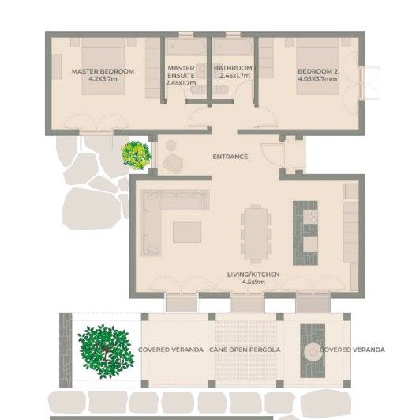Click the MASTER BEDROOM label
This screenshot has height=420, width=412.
[103, 71]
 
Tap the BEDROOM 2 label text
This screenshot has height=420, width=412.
[317, 71]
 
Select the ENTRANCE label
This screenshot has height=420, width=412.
[230, 157]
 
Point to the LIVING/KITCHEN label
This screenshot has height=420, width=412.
[253, 274]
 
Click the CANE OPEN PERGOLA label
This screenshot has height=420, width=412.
[245, 350]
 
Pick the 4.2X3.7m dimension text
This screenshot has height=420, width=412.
[103, 79]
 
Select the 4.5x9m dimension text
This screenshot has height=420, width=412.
[253, 282]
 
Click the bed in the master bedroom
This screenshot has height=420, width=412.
[103, 66]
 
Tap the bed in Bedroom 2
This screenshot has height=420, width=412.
[318, 66]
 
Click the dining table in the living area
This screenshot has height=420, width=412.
[256, 234]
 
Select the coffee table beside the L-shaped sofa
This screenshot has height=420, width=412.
[187, 233]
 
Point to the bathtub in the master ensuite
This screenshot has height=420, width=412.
[185, 47]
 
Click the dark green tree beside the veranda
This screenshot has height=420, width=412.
[106, 351]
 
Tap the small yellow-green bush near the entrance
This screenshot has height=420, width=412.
[136, 156]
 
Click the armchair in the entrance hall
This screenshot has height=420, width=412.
[174, 163]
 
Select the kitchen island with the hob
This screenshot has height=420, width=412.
[305, 233]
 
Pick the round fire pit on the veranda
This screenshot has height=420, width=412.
[313, 351]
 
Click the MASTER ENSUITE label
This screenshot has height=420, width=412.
[181, 72]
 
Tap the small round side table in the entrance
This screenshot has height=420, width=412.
[170, 146]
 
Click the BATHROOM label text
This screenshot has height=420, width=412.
[233, 68]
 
